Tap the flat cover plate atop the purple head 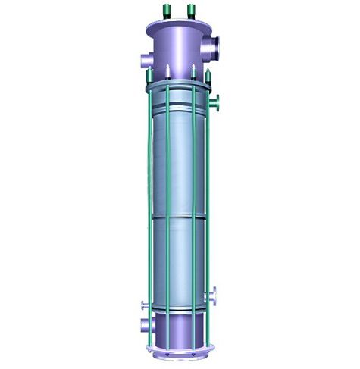tap(178, 25)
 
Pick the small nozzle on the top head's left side tap(144, 60)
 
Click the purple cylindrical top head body tap(176, 50)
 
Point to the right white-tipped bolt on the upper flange tap(194, 73)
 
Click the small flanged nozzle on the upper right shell tap(217, 101)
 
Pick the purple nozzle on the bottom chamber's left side tap(145, 327)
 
